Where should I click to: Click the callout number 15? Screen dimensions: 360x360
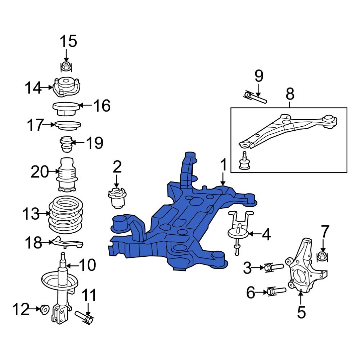point(68,41)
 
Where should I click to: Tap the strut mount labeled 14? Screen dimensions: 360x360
point(67,87)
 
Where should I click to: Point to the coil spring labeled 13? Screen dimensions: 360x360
point(66,215)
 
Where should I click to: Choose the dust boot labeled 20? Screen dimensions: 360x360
point(66,174)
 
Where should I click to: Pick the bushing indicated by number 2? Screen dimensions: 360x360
point(117,198)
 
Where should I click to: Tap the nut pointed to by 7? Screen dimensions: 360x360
point(322,256)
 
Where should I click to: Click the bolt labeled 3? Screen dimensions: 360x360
point(274,268)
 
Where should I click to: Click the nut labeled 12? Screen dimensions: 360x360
point(45,309)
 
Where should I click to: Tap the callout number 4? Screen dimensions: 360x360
point(266,235)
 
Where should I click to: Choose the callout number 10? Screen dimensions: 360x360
point(87,266)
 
